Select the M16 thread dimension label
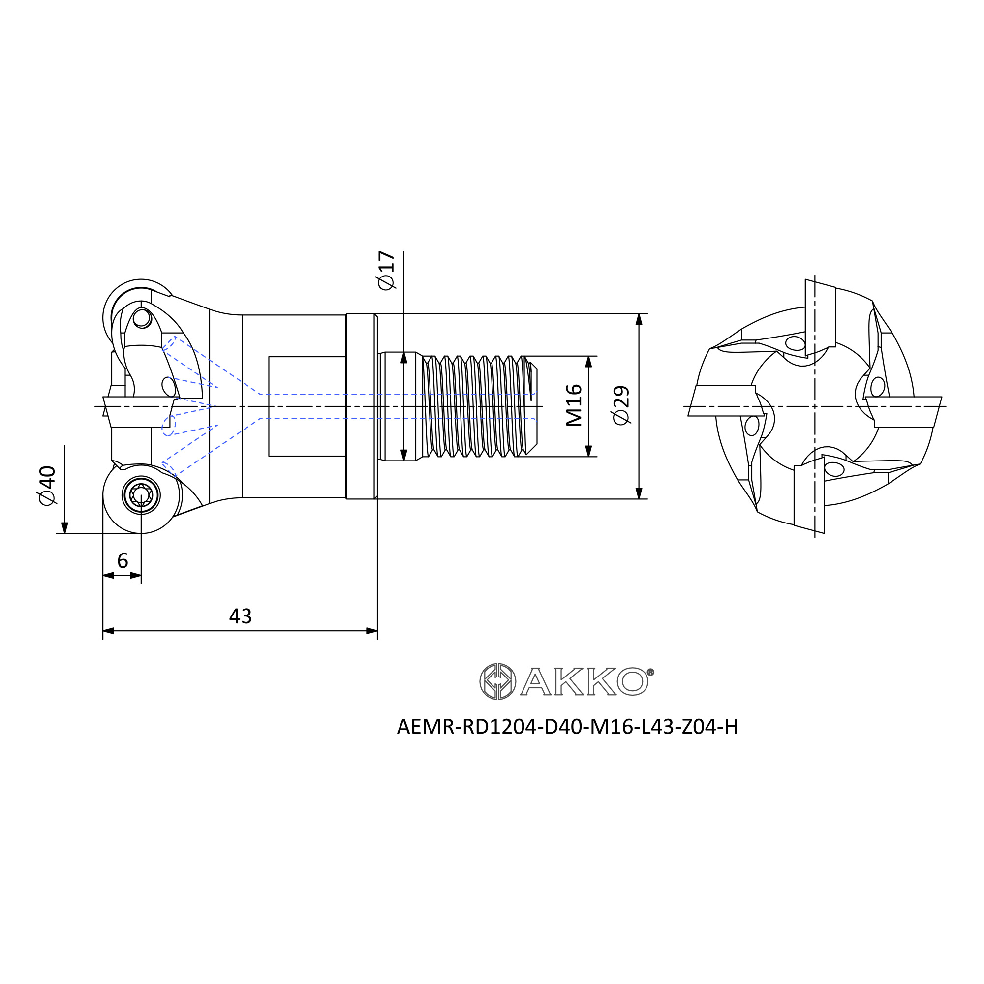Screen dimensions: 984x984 point(574,405)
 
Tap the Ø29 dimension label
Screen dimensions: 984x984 point(621,405)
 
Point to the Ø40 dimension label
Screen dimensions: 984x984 point(47,486)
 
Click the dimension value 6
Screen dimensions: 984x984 point(122,561)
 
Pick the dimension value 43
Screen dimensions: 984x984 point(241,616)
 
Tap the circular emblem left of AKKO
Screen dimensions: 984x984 point(497,681)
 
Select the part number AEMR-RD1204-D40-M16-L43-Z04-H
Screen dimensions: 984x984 point(567,727)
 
